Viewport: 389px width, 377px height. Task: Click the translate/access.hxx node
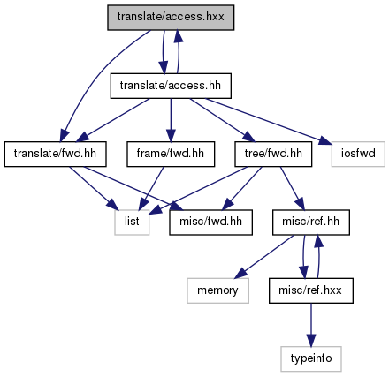(x=171, y=18)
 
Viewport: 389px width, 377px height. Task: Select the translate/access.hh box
(x=171, y=86)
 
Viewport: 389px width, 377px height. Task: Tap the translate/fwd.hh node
(x=55, y=155)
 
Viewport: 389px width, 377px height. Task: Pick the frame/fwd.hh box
(x=171, y=155)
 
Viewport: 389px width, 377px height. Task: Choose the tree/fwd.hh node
(x=273, y=155)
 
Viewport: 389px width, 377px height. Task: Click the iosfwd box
(x=358, y=155)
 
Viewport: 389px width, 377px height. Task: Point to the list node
(x=132, y=222)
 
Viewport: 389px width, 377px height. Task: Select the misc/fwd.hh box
(x=210, y=222)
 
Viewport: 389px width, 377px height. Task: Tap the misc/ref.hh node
(x=311, y=222)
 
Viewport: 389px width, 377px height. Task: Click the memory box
(x=217, y=290)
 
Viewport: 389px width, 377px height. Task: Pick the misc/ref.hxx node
(x=311, y=290)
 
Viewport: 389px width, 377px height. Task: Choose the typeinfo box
(x=311, y=359)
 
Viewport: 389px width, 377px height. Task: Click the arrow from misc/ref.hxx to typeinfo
(x=311, y=325)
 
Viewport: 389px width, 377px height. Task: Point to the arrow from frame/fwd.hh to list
(x=152, y=188)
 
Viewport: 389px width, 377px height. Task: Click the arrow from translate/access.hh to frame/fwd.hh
(x=171, y=120)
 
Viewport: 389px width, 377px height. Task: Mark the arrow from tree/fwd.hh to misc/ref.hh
(x=292, y=188)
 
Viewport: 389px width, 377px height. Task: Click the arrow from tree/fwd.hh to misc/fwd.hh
(x=241, y=188)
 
